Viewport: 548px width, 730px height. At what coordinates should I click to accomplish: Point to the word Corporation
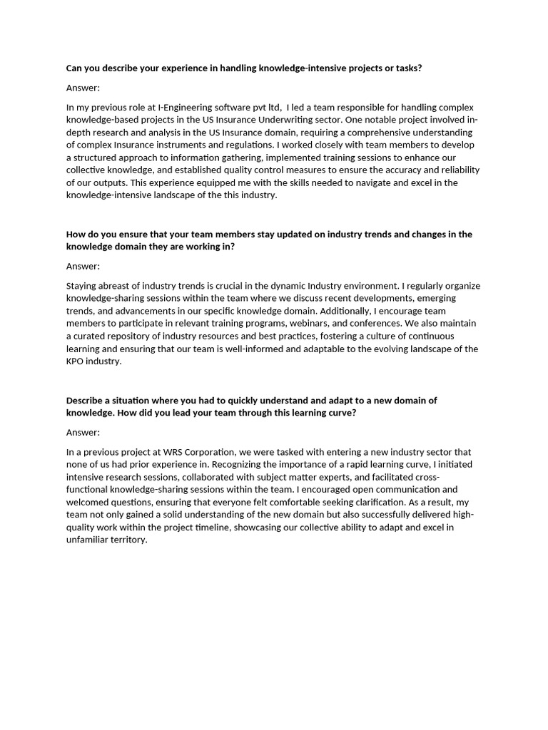(211, 452)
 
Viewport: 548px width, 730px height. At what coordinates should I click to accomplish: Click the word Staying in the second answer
(83, 286)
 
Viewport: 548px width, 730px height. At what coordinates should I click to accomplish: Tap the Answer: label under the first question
(83, 88)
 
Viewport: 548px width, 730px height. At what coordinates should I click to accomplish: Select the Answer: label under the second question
(83, 266)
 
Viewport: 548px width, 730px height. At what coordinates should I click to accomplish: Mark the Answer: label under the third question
(83, 432)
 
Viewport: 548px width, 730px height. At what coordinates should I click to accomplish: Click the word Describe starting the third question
(88, 400)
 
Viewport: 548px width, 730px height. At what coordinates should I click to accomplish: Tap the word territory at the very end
(126, 540)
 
